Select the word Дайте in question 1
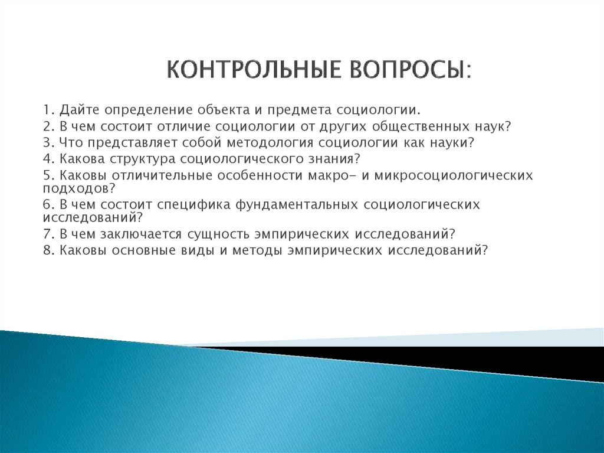pos(77,110)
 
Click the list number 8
pos(47,249)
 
